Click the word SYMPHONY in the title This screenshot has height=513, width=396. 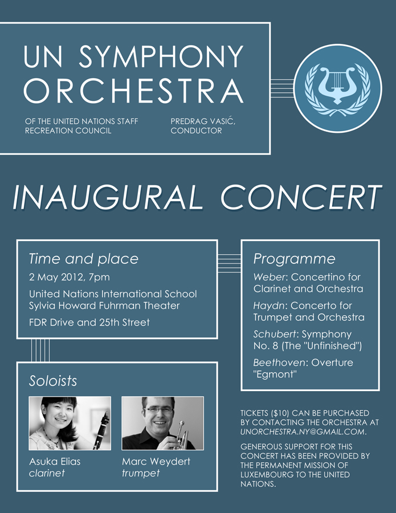point(161,57)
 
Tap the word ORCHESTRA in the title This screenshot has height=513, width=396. point(134,91)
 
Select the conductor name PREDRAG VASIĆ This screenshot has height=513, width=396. point(202,121)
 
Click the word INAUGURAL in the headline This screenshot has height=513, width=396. point(107,198)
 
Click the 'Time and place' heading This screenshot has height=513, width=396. point(83,259)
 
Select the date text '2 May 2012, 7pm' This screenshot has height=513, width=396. point(70,278)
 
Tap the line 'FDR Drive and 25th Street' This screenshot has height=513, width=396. point(89,322)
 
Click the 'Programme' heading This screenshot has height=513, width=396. point(294,259)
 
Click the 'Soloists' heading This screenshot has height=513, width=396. point(53,381)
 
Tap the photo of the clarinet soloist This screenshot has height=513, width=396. point(70,423)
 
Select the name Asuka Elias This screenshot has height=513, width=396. point(55,461)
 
